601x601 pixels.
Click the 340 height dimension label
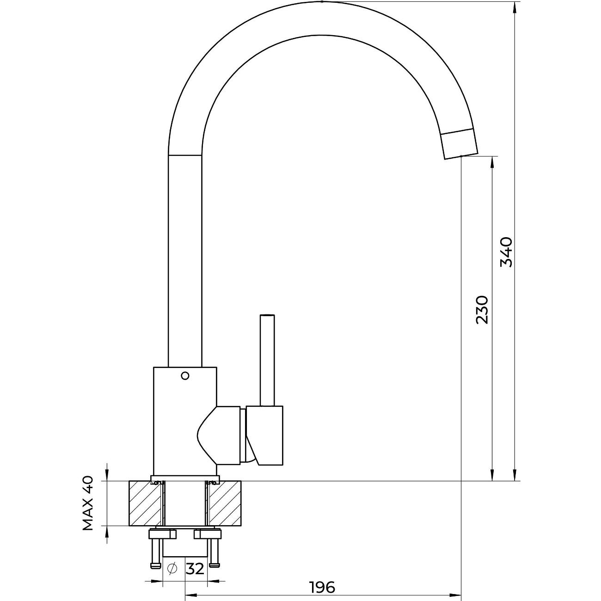click(x=507, y=252)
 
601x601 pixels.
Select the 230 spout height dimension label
click(x=482, y=309)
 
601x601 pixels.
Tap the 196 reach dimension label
click(x=322, y=588)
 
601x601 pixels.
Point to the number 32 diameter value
click(x=195, y=568)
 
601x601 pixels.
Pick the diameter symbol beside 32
click(x=172, y=568)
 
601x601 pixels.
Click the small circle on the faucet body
click(x=185, y=376)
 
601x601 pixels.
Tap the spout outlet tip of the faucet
click(x=460, y=145)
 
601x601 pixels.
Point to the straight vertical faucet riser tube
click(x=185, y=259)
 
